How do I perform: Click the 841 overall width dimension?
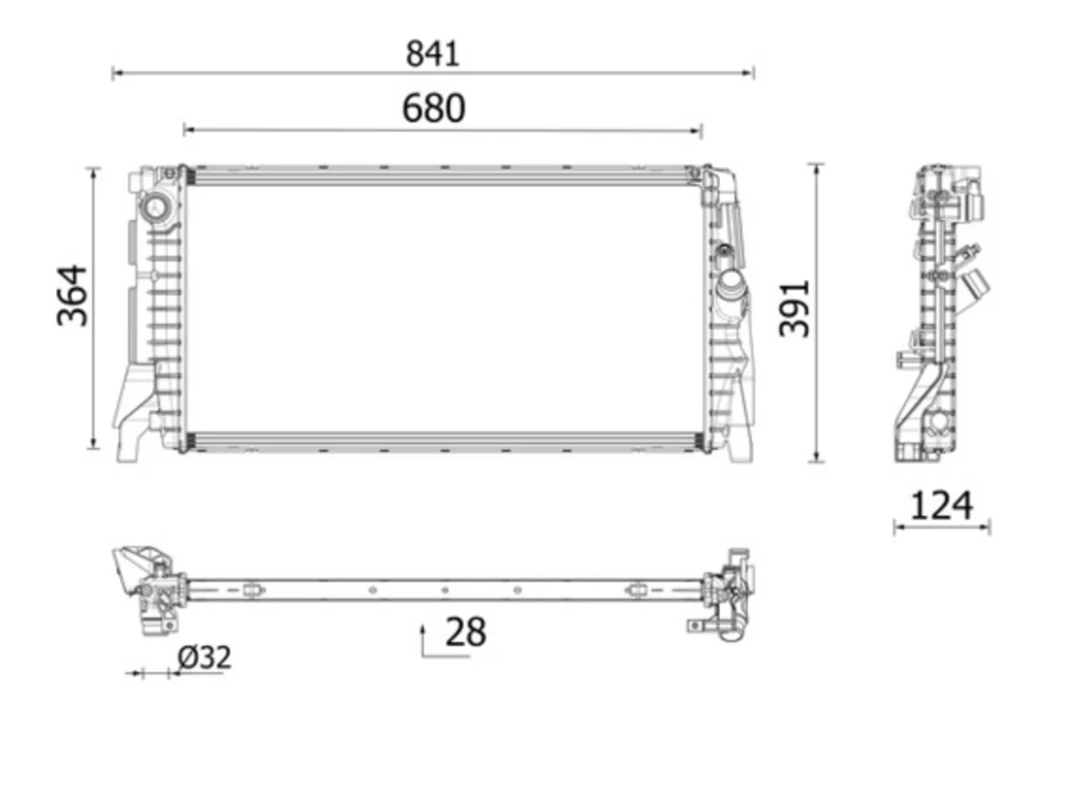[x=432, y=53]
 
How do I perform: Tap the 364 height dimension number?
[x=73, y=295]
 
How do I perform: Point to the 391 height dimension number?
[x=793, y=309]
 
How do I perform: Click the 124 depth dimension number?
[x=941, y=506]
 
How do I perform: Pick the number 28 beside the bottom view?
[x=466, y=632]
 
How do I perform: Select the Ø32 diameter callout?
[x=204, y=657]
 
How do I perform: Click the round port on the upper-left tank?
[x=156, y=208]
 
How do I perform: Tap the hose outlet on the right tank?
[x=730, y=287]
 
